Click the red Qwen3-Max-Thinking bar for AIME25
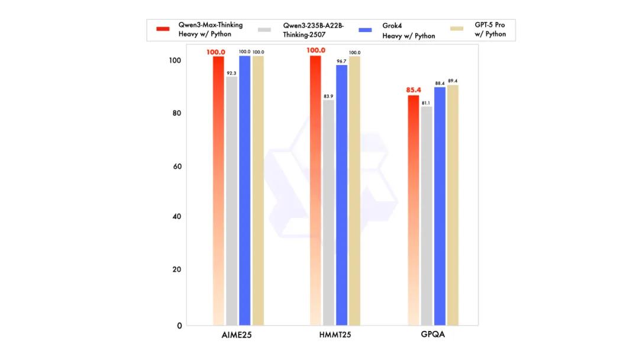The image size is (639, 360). pyautogui.click(x=218, y=189)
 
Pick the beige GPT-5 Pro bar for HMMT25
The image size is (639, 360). pyautogui.click(x=354, y=189)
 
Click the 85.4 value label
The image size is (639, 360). pyautogui.click(x=413, y=90)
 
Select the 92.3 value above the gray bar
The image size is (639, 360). pyautogui.click(x=231, y=73)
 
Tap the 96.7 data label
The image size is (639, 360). pyautogui.click(x=341, y=61)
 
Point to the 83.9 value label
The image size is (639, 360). pyautogui.click(x=328, y=96)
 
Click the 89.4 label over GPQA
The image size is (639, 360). pyautogui.click(x=453, y=81)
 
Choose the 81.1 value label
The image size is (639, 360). pyautogui.click(x=426, y=103)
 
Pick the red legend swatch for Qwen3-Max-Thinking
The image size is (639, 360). pyautogui.click(x=164, y=29)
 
